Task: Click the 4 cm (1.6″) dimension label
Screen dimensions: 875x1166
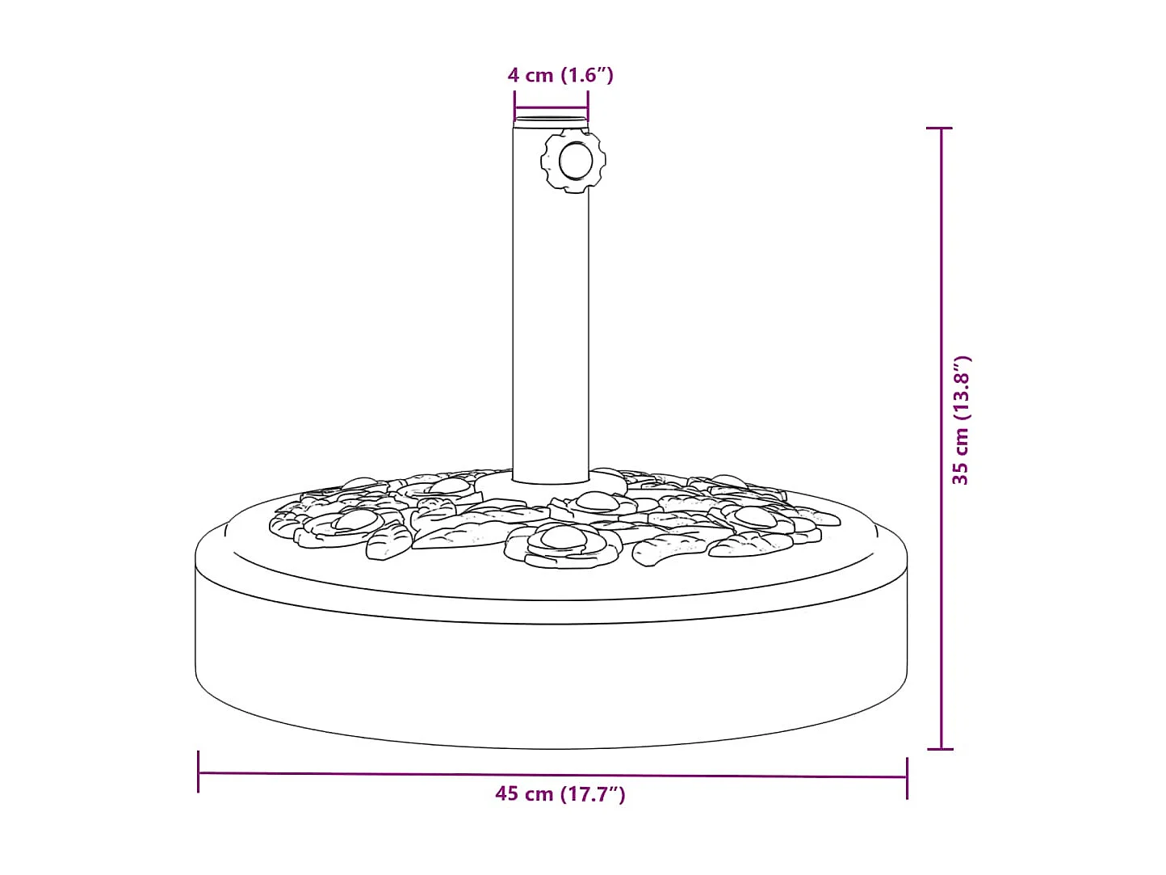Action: [560, 75]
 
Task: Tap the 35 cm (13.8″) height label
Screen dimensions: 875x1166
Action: [960, 420]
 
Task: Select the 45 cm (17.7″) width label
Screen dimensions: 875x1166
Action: [560, 794]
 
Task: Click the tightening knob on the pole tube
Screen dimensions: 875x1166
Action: [573, 161]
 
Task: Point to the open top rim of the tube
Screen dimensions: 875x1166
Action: [552, 122]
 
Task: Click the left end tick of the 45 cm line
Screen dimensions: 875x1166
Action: [199, 772]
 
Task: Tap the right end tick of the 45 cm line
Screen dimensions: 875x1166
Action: [907, 778]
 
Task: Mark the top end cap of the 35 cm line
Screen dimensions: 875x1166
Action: [940, 128]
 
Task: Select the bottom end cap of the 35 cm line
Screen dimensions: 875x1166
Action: [940, 749]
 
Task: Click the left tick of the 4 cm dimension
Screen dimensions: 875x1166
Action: [514, 106]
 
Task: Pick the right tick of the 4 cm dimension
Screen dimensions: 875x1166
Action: [588, 106]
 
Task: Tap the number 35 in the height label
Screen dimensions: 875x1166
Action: [960, 473]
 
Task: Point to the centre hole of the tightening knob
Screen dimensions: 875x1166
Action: [575, 161]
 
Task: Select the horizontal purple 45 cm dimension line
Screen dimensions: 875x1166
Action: [404, 773]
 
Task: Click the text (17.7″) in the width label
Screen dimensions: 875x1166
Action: [593, 794]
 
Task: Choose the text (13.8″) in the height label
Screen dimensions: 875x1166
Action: [960, 388]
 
